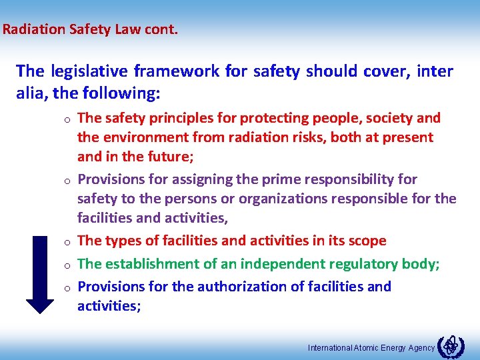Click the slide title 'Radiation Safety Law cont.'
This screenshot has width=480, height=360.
tap(90, 30)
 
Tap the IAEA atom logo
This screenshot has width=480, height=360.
tap(452, 345)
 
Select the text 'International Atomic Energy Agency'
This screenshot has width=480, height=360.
tap(371, 347)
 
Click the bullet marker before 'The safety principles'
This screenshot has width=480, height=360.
tap(68, 120)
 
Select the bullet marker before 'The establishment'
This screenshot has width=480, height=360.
tap(68, 265)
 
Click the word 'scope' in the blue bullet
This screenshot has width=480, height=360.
tap(367, 241)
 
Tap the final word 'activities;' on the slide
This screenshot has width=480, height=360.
tap(109, 306)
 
